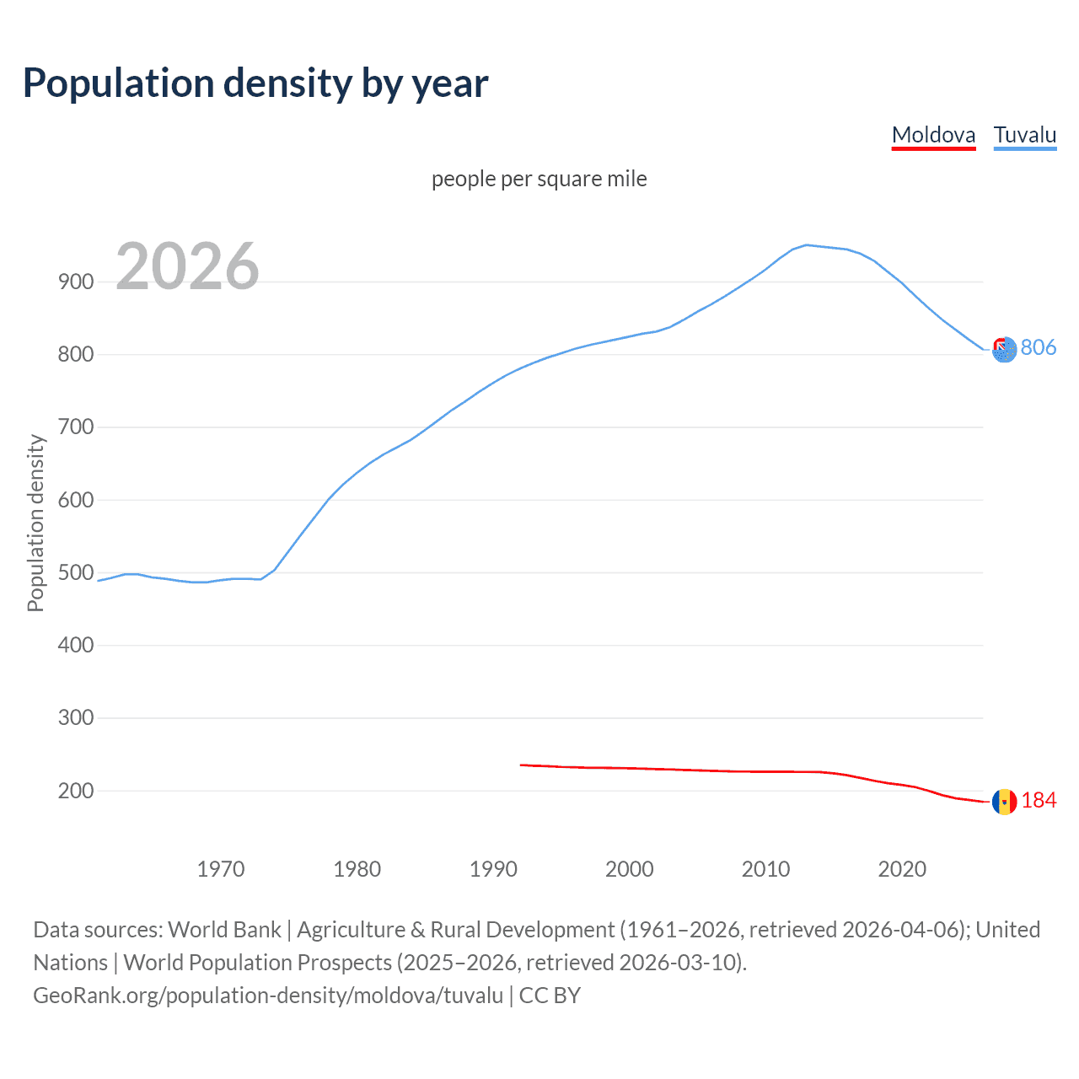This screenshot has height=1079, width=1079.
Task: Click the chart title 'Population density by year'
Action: click(255, 83)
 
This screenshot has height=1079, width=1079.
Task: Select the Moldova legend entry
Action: click(933, 135)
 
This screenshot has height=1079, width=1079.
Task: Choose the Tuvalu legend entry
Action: click(1024, 135)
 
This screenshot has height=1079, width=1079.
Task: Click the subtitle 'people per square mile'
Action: click(539, 179)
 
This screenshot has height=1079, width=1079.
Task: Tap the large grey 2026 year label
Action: click(187, 266)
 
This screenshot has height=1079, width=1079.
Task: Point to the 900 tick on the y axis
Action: click(76, 282)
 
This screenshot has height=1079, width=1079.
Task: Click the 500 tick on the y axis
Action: click(76, 572)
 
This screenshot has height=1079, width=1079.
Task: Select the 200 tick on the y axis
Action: click(76, 791)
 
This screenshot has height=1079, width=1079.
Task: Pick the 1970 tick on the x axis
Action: click(221, 869)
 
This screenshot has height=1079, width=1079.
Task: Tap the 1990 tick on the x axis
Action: click(493, 869)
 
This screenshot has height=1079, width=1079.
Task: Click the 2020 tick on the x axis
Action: click(902, 869)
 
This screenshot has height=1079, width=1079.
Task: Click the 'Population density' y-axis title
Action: click(35, 523)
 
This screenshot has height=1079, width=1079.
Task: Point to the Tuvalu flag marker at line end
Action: click(1004, 349)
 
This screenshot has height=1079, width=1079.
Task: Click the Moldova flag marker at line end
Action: click(1004, 802)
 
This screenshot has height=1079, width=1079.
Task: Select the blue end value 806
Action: click(1039, 347)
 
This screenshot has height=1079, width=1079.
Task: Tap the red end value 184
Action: click(1039, 800)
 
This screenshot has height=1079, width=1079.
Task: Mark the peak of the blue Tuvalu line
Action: click(807, 244)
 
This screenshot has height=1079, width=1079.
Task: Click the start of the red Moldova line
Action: click(522, 765)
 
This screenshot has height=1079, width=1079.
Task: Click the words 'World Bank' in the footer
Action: click(224, 930)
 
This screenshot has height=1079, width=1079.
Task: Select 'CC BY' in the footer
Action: click(550, 996)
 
